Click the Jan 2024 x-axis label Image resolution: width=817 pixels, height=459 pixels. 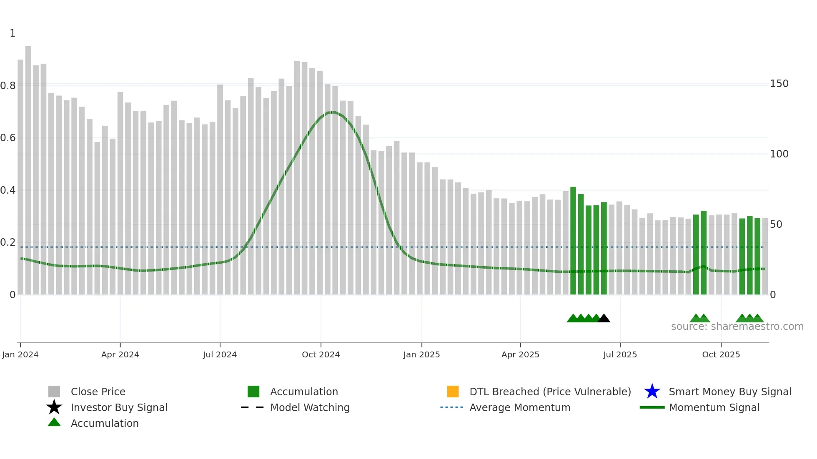tap(20, 354)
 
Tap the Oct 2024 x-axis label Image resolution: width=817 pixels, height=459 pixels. tap(321, 354)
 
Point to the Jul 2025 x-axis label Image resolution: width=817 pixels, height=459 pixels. tap(620, 354)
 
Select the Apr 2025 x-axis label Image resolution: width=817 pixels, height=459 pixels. tap(520, 354)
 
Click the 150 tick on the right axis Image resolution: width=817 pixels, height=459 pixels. tap(779, 84)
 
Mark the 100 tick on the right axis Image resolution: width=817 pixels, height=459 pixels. tap(779, 154)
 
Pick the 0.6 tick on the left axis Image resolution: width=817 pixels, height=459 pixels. tap(8, 138)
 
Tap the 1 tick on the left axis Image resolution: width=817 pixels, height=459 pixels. tap(13, 33)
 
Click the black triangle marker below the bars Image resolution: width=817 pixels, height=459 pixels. tap(604, 319)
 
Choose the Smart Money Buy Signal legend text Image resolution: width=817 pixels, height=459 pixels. tap(730, 392)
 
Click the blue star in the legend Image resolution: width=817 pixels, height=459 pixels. tap(652, 392)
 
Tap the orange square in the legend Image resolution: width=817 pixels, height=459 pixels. tap(453, 392)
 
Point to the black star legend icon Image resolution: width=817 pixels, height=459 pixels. tap(54, 407)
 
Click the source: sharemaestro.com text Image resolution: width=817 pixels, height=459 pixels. tap(737, 327)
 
